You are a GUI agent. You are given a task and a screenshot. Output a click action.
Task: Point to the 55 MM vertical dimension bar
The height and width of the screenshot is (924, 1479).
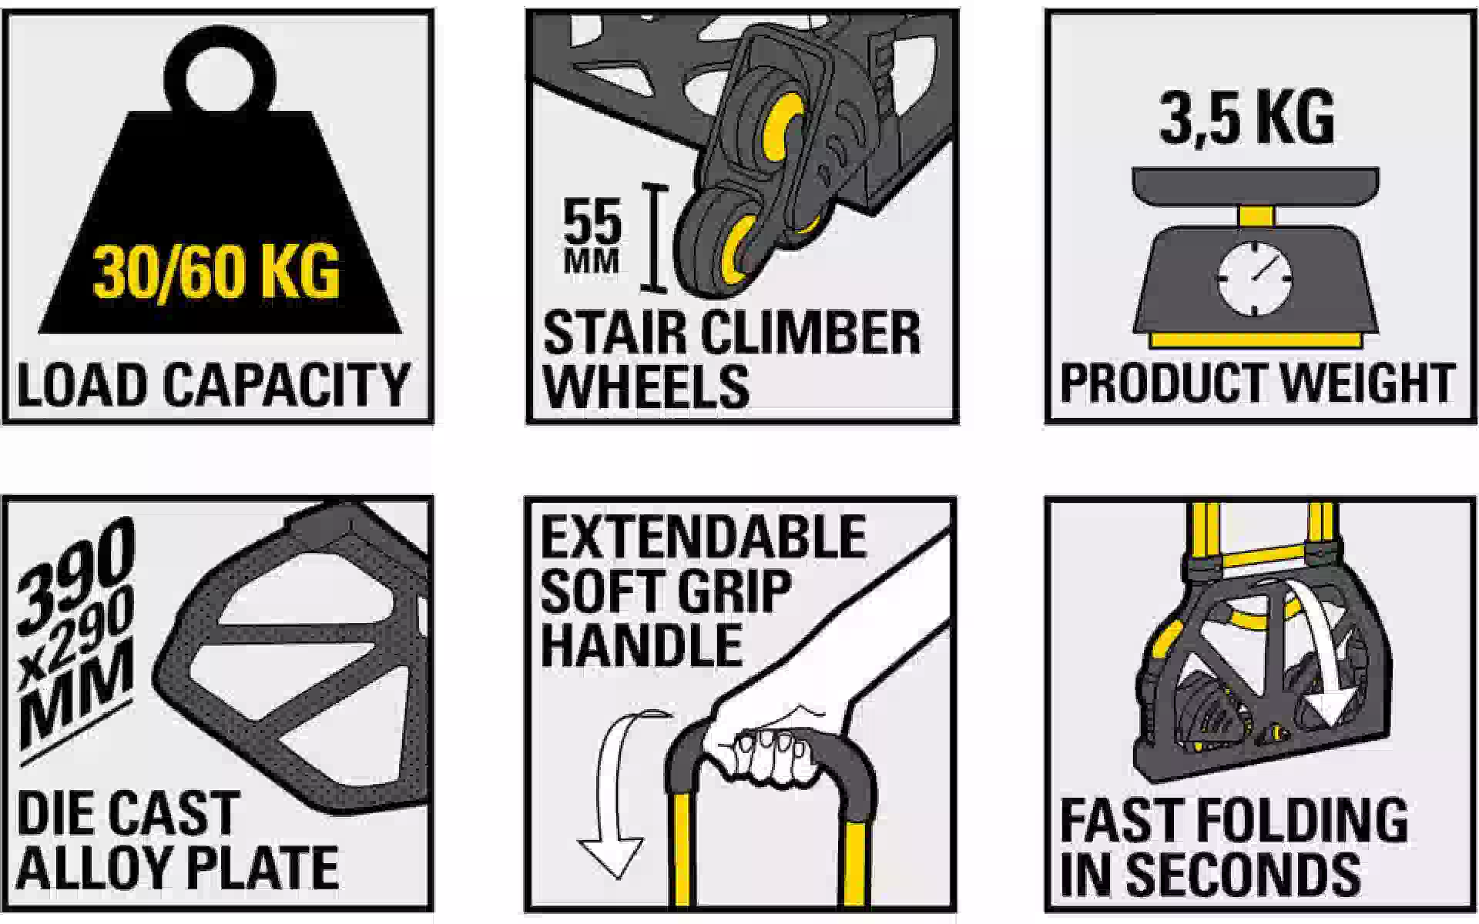coord(654,238)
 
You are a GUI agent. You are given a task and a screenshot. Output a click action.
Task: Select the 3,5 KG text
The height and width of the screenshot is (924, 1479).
coord(1246,118)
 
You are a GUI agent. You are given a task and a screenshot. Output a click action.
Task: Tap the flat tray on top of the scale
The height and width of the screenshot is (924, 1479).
coord(1256,187)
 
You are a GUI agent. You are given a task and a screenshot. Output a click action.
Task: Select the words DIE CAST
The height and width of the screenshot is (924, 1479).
coord(127,814)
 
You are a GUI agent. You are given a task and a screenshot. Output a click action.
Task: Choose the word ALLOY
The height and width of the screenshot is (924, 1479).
coord(92,867)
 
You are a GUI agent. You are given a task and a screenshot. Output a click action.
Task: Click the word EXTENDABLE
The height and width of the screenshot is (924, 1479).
coord(703,537)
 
